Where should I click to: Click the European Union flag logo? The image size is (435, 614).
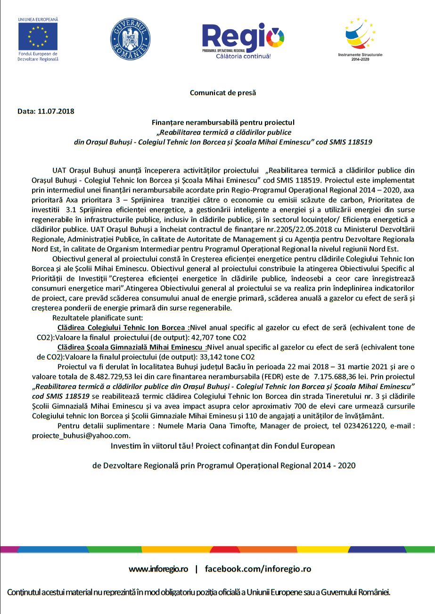coord(38,37)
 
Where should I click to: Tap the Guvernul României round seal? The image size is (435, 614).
coord(131,39)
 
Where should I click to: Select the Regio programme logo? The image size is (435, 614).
coord(243,40)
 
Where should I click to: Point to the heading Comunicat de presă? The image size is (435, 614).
coord(223,93)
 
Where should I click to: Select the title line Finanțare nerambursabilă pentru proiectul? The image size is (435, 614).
coord(223,122)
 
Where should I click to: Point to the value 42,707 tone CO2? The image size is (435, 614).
coord(221,338)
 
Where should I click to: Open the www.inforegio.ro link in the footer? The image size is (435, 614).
coord(158,569)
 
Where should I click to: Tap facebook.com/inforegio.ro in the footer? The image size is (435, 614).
coord(258,569)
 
